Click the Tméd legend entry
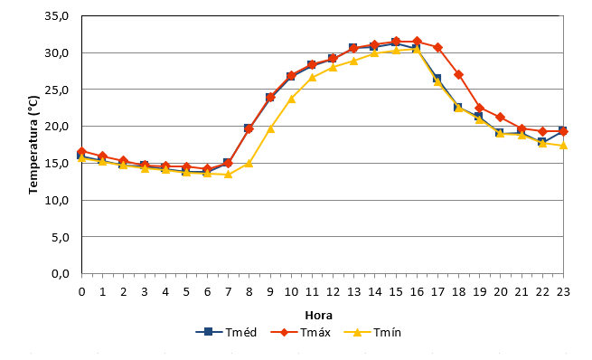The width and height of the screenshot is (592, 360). click(x=226, y=333)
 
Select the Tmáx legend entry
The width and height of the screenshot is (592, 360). click(x=301, y=333)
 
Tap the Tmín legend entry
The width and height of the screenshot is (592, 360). click(x=372, y=333)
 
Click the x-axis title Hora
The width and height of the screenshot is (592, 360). click(x=319, y=315)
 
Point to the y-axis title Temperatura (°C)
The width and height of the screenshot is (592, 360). click(x=33, y=145)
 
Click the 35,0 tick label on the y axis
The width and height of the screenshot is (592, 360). click(x=57, y=16)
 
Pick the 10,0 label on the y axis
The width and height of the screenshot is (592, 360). click(x=57, y=200)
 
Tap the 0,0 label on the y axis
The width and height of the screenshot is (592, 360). click(x=60, y=273)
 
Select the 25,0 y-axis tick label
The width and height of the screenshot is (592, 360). click(x=57, y=90)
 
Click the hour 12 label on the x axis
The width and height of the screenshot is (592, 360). click(x=333, y=291)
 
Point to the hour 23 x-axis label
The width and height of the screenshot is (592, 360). click(x=563, y=291)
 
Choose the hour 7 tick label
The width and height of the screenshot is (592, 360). click(x=228, y=291)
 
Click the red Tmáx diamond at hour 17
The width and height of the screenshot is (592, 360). click(x=438, y=47)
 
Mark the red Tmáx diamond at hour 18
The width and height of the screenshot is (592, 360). click(x=459, y=74)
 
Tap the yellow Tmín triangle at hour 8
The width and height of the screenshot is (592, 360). click(x=249, y=163)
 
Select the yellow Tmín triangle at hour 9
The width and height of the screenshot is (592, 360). click(x=270, y=128)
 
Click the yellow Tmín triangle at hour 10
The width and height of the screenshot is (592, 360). click(x=291, y=99)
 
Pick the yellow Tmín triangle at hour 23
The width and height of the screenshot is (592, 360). click(x=563, y=146)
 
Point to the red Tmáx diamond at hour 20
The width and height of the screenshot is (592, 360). click(x=501, y=117)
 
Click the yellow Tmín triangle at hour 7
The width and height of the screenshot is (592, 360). click(x=228, y=175)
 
